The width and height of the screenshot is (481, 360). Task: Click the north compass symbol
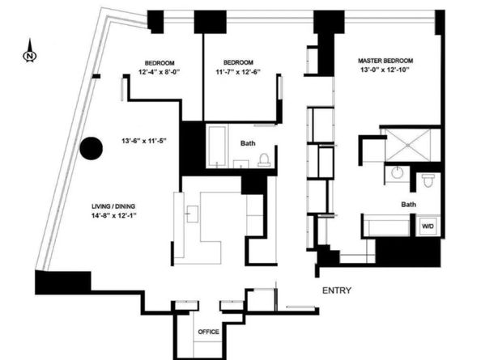point(30,52)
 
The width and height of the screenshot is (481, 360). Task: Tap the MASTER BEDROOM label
point(385,61)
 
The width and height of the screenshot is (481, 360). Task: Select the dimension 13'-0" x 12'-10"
point(385,70)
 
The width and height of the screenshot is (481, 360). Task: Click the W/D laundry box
point(428,227)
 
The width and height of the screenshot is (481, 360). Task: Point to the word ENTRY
point(337,290)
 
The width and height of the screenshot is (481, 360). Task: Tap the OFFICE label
point(209,332)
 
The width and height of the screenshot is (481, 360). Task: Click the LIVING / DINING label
point(113,206)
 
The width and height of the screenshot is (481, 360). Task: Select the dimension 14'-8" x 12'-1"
point(113,216)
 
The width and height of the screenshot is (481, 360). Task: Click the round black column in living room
point(92,148)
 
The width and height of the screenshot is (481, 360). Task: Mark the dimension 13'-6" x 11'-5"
point(144,141)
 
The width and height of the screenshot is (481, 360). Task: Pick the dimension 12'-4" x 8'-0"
point(159,72)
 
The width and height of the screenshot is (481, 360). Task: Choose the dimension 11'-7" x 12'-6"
point(238,72)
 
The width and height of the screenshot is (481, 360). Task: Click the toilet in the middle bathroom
point(264,160)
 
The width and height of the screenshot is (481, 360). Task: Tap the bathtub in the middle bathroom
point(217,146)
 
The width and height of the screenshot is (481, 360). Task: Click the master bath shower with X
point(408,146)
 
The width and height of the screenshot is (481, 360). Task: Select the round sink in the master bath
point(398,173)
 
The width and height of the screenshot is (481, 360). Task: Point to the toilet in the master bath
point(428,180)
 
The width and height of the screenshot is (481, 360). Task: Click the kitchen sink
point(192,214)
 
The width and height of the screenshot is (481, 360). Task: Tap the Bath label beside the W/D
point(409,205)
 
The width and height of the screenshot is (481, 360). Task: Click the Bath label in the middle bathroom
point(248,143)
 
